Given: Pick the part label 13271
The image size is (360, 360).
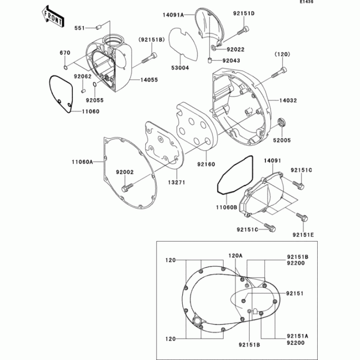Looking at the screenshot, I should [x=177, y=182].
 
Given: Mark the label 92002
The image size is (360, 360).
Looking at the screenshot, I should [x=125, y=172].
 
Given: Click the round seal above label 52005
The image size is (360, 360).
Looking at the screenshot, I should [x=282, y=121].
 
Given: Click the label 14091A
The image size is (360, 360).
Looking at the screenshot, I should [x=174, y=15].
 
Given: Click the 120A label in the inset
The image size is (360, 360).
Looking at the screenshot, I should [x=235, y=255].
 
